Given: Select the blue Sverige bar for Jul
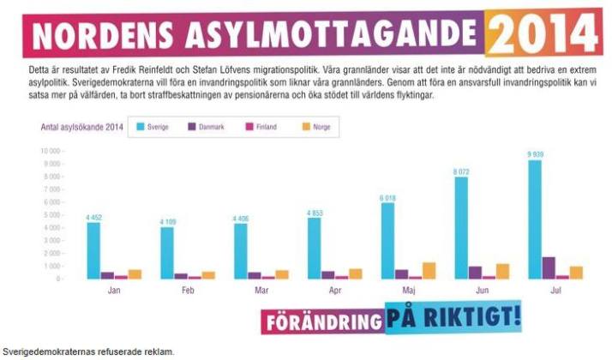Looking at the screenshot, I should point(535,219).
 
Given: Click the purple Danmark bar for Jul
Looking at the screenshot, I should point(549,268).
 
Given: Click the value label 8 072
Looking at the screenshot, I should point(461,171).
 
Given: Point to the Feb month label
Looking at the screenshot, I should point(188,291).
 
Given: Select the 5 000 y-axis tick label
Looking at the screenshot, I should point(55,214).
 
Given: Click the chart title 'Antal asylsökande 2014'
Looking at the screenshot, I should point(78,127).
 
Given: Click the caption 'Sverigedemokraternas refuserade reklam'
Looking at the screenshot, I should point(87,352).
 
